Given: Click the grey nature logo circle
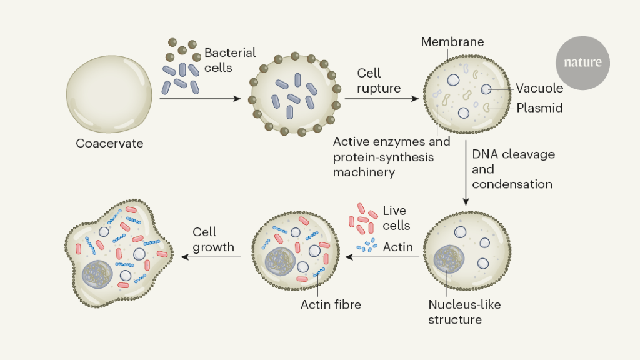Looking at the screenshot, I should [x=582, y=62].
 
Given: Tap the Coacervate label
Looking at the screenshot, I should [x=109, y=143].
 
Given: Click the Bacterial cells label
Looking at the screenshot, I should [x=230, y=60].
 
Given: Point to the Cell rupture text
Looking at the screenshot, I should [x=379, y=81].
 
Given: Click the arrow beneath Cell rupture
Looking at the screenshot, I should [x=381, y=99].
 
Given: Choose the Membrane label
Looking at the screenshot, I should [x=452, y=42].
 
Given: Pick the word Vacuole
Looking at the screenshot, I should [x=539, y=88].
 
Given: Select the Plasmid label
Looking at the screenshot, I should [x=539, y=108].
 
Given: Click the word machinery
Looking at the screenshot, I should [x=364, y=172].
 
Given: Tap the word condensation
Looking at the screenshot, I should [x=512, y=184].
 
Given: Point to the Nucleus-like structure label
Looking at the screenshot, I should [x=464, y=312].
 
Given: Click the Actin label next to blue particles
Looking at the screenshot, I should [x=398, y=247].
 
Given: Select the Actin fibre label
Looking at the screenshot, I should [x=331, y=305].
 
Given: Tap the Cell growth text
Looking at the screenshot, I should [x=213, y=239].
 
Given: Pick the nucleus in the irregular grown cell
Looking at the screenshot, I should [x=97, y=274].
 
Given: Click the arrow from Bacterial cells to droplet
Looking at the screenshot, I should [x=200, y=99].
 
